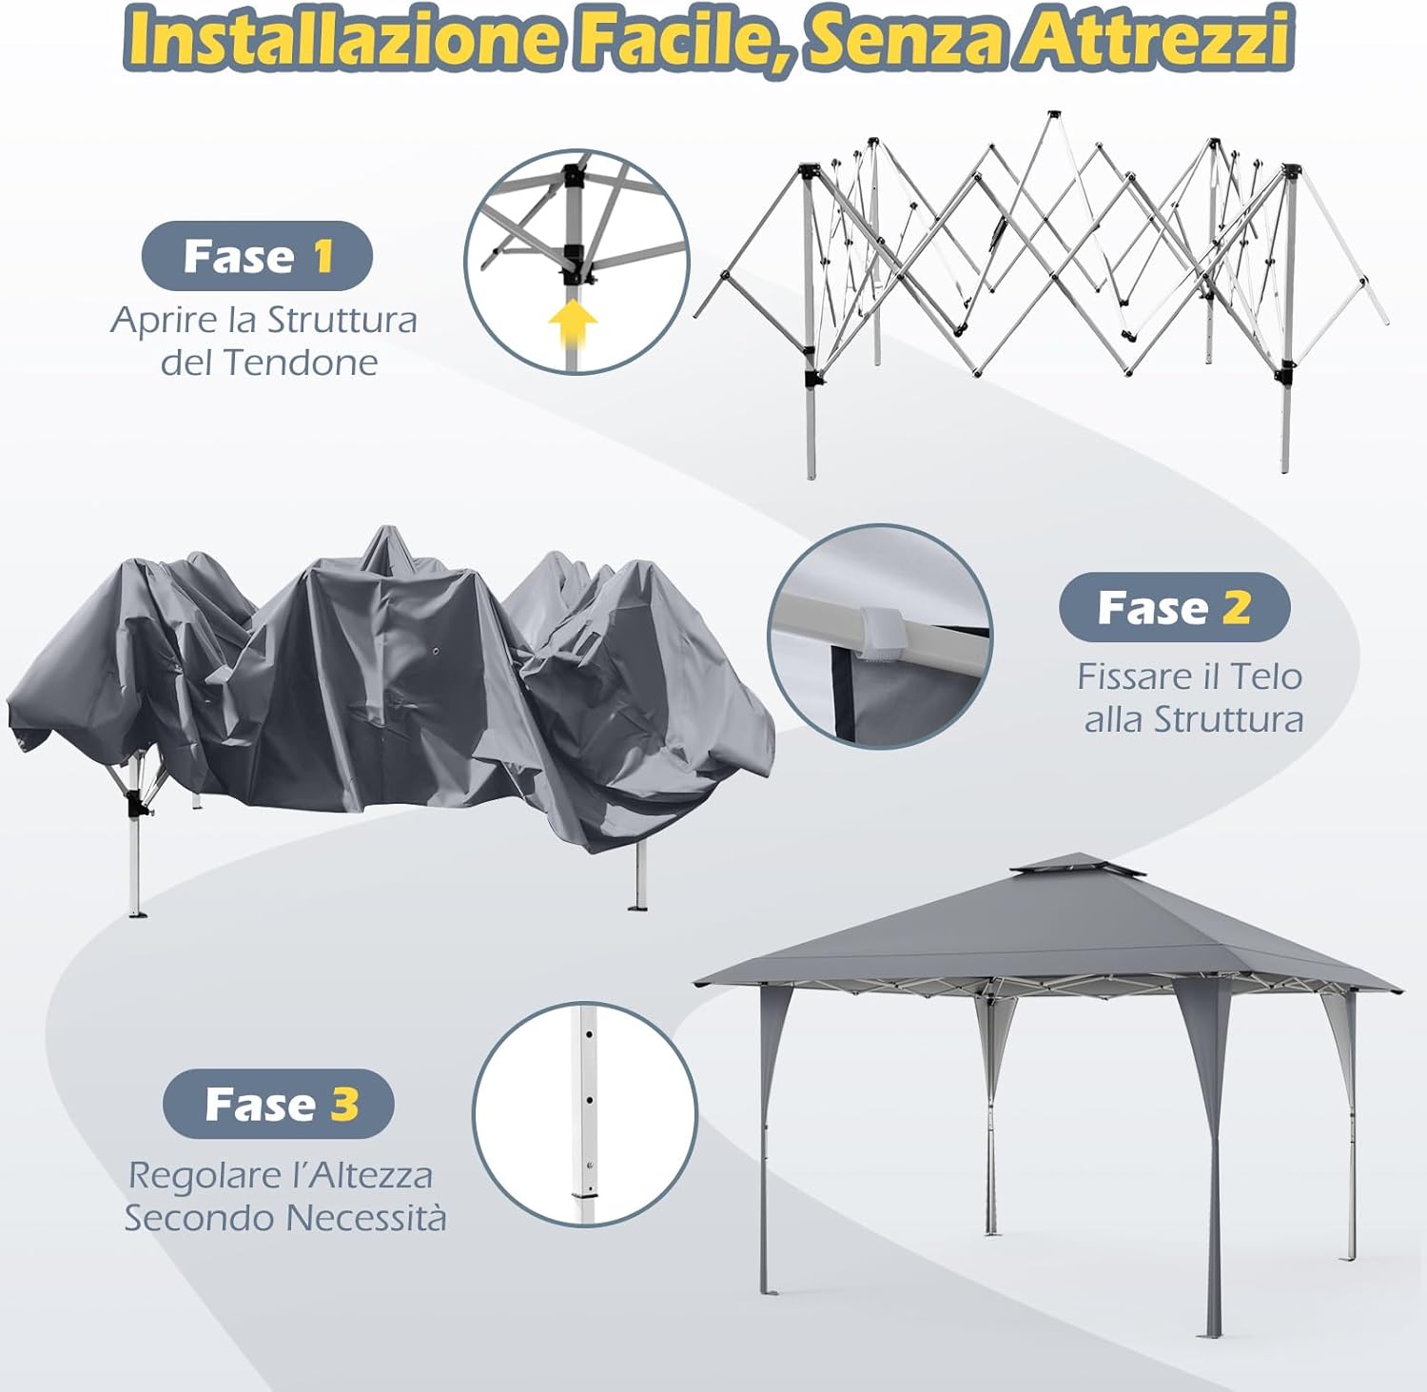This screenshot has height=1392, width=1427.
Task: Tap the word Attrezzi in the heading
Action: (1156, 38)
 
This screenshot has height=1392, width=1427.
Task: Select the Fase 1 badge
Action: (257, 256)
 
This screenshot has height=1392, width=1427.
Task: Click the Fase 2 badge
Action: (1174, 607)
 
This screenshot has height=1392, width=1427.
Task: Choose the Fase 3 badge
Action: (279, 1104)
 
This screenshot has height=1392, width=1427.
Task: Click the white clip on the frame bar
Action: (880, 632)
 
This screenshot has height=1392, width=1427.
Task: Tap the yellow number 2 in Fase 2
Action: (1236, 607)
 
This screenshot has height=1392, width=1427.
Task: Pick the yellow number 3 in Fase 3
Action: (344, 1104)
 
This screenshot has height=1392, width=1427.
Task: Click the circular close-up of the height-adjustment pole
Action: (585, 1113)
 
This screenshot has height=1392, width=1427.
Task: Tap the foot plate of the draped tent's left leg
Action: (137, 914)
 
